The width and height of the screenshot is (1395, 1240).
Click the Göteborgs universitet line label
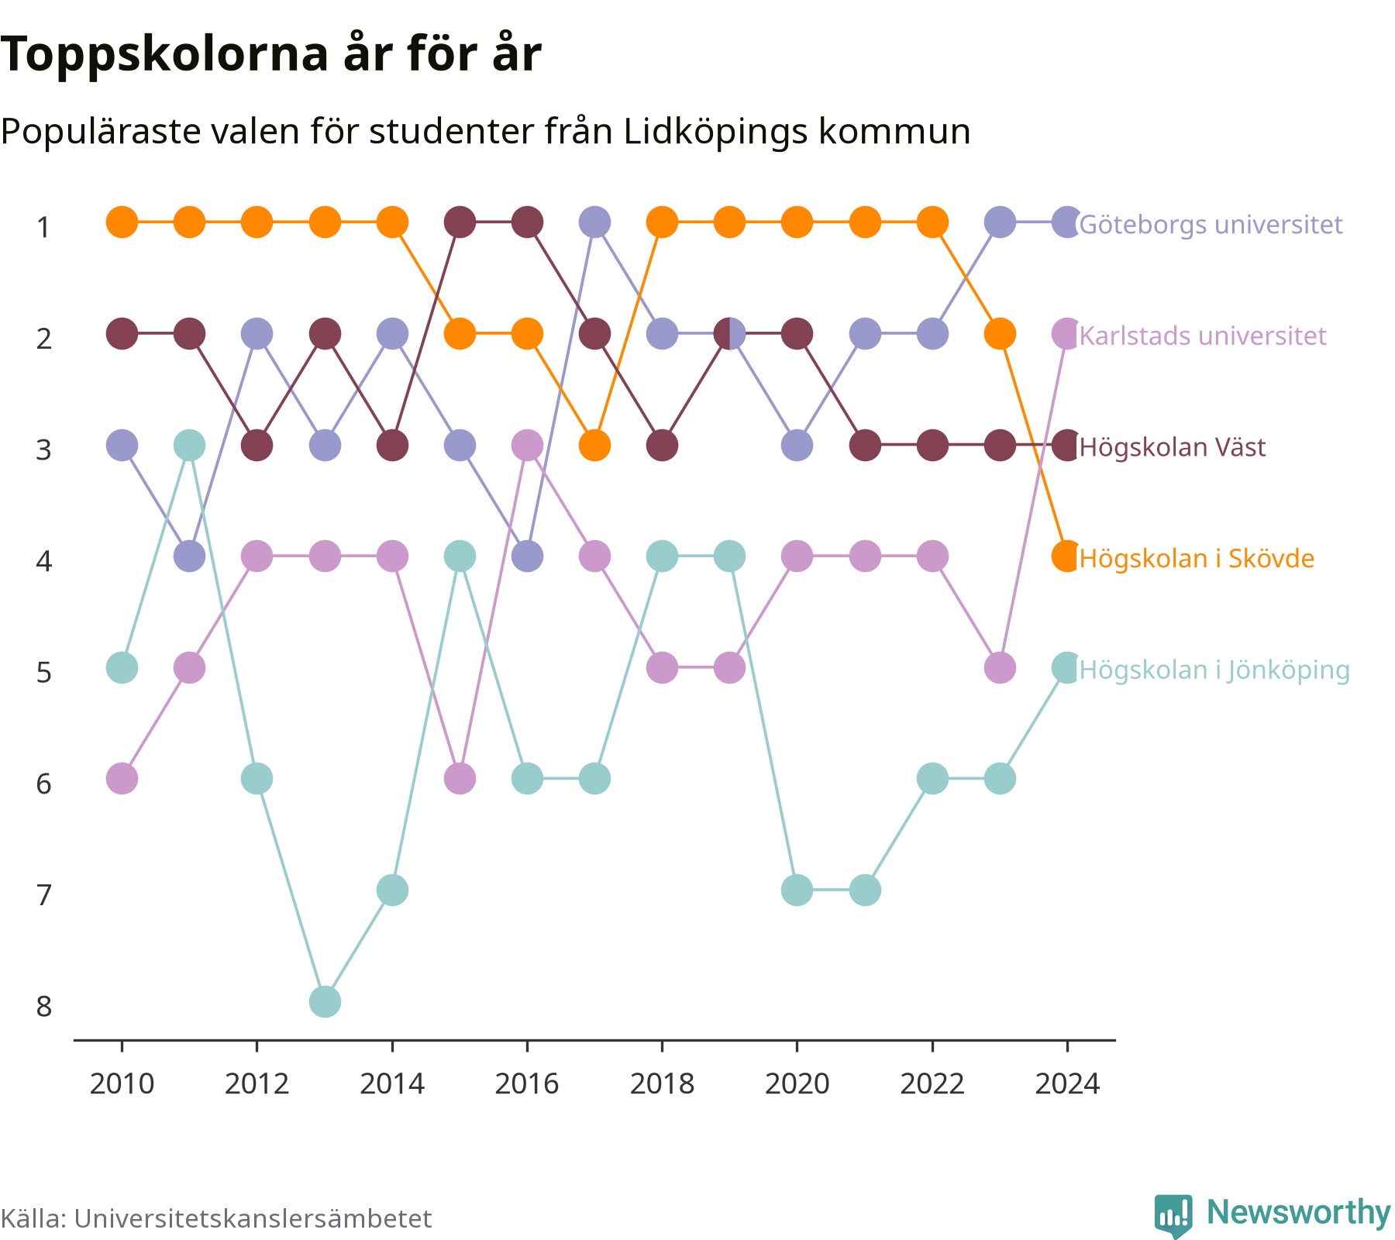[x=1211, y=225]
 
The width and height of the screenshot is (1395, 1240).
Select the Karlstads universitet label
[x=1203, y=336]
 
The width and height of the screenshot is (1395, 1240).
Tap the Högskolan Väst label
[x=1173, y=447]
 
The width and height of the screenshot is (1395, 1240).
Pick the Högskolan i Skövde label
[x=1197, y=559]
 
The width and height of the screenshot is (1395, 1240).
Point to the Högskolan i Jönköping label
[x=1214, y=670]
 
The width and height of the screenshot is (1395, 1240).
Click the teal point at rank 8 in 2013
[x=325, y=1001]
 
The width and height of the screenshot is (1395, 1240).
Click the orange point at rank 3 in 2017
[x=594, y=446]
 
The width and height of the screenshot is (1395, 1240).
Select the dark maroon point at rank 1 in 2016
[x=527, y=222]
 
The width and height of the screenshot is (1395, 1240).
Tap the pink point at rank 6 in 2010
[x=122, y=778]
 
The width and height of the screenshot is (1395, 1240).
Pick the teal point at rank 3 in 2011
[x=189, y=446]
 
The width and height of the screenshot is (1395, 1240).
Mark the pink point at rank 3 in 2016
[x=527, y=446]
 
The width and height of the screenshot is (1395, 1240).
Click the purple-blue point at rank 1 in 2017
[x=594, y=222]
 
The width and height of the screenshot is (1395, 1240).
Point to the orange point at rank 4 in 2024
[x=1067, y=556]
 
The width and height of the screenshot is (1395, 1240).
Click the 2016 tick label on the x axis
[x=527, y=1083]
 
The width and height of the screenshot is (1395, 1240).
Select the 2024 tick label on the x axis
[x=1067, y=1083]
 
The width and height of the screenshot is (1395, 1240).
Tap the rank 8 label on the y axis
[x=44, y=1007]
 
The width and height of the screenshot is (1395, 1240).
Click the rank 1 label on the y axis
[x=44, y=228]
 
